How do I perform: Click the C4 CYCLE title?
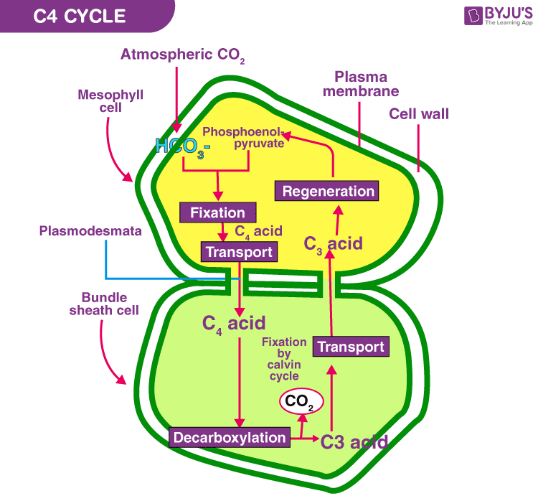pos(80,16)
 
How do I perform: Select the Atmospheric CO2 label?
pos(182,55)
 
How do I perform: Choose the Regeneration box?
pos(328,191)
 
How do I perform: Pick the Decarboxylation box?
pos(230,436)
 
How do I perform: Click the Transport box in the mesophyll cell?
pos(238,252)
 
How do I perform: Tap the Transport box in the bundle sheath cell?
pos(351,347)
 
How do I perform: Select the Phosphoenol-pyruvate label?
pos(243,138)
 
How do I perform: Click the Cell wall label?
pos(419,113)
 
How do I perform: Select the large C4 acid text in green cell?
pos(233,323)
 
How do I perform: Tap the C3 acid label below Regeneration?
pos(333,243)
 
